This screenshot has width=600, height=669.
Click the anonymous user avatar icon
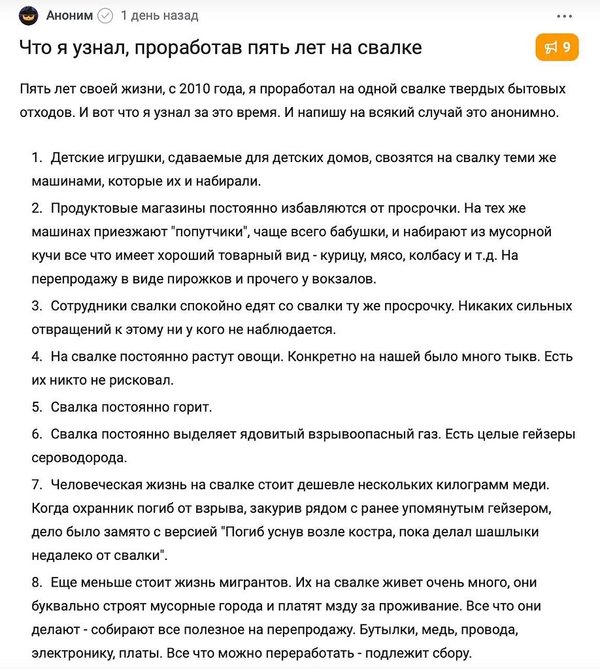(x=29, y=16)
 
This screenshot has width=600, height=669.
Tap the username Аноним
(x=69, y=16)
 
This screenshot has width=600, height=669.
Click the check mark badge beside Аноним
(x=105, y=16)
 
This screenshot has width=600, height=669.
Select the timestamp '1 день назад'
(x=159, y=16)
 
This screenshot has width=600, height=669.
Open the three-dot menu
(x=564, y=16)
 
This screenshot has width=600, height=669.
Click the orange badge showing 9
(x=557, y=47)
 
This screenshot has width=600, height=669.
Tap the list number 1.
(x=37, y=158)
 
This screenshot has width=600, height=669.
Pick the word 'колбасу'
(x=432, y=255)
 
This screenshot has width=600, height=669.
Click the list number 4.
(x=37, y=357)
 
